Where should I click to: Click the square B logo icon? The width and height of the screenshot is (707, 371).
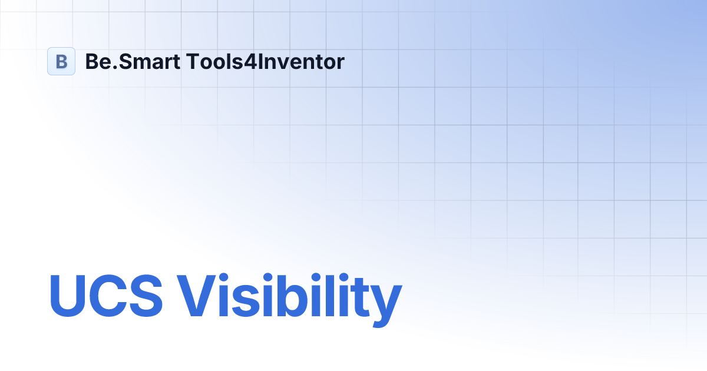pos(61,61)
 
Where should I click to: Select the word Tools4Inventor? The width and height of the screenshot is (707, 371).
pos(265,61)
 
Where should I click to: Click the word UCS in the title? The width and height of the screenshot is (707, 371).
pos(106,296)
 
